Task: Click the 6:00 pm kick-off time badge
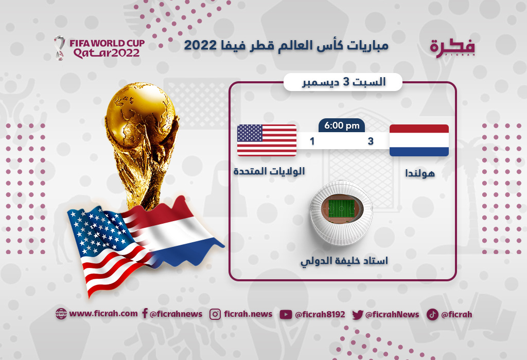click(342, 125)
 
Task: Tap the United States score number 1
click(312, 141)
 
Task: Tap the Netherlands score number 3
click(371, 141)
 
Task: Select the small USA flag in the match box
click(267, 140)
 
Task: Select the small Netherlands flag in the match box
click(419, 140)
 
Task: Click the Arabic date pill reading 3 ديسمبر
click(343, 82)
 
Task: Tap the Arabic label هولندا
click(420, 173)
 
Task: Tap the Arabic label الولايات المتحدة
click(269, 171)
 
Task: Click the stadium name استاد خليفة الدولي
click(344, 261)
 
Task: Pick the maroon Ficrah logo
click(452, 48)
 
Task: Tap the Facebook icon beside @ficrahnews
click(145, 313)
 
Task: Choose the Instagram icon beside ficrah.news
click(215, 314)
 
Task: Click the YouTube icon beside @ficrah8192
click(286, 314)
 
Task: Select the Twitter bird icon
click(358, 315)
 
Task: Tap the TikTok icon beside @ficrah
click(432, 314)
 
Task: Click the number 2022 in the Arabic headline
click(200, 45)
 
